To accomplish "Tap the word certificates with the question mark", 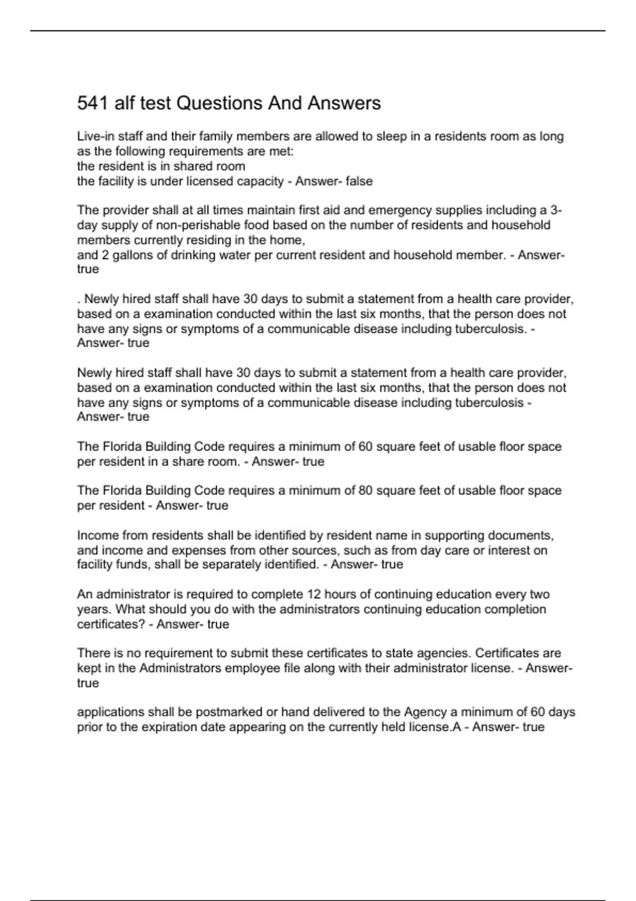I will tap(111, 624).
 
